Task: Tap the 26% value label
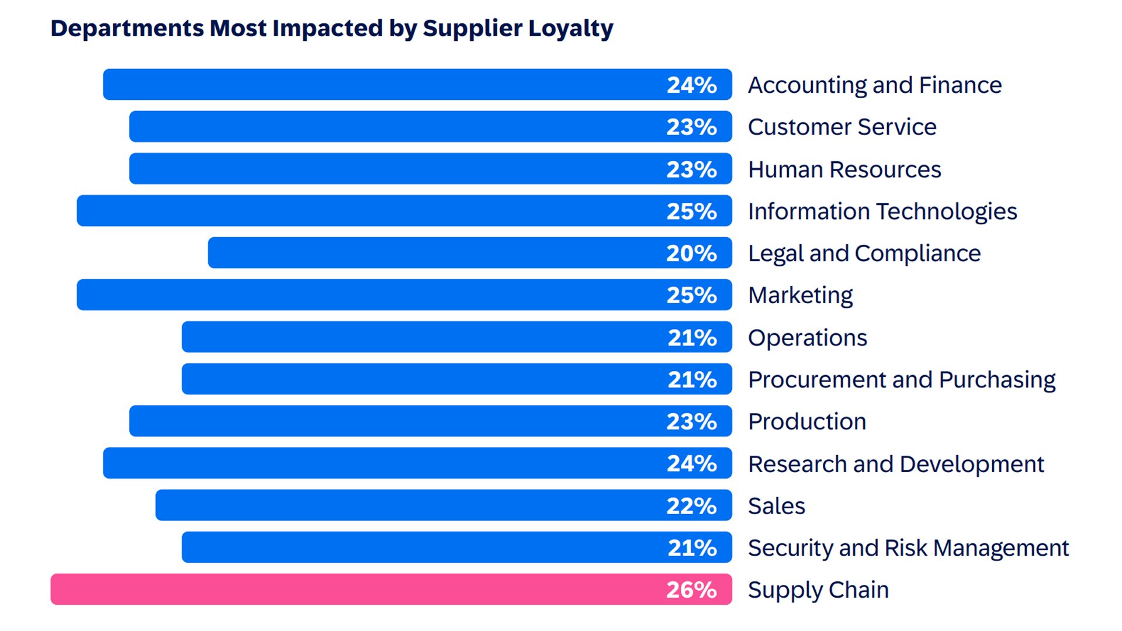tap(691, 590)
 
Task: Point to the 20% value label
tap(691, 253)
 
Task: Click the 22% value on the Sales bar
tap(691, 505)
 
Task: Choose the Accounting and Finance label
tap(875, 85)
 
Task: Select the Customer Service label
tap(842, 127)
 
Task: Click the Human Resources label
tap(844, 169)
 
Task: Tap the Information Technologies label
tap(882, 212)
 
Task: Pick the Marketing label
tap(801, 296)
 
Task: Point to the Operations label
tap(808, 338)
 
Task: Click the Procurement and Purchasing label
tap(902, 380)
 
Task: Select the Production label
tap(807, 422)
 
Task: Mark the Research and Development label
tap(896, 464)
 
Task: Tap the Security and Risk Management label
tap(908, 548)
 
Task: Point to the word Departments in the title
tap(127, 28)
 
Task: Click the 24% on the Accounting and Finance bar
tap(691, 85)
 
